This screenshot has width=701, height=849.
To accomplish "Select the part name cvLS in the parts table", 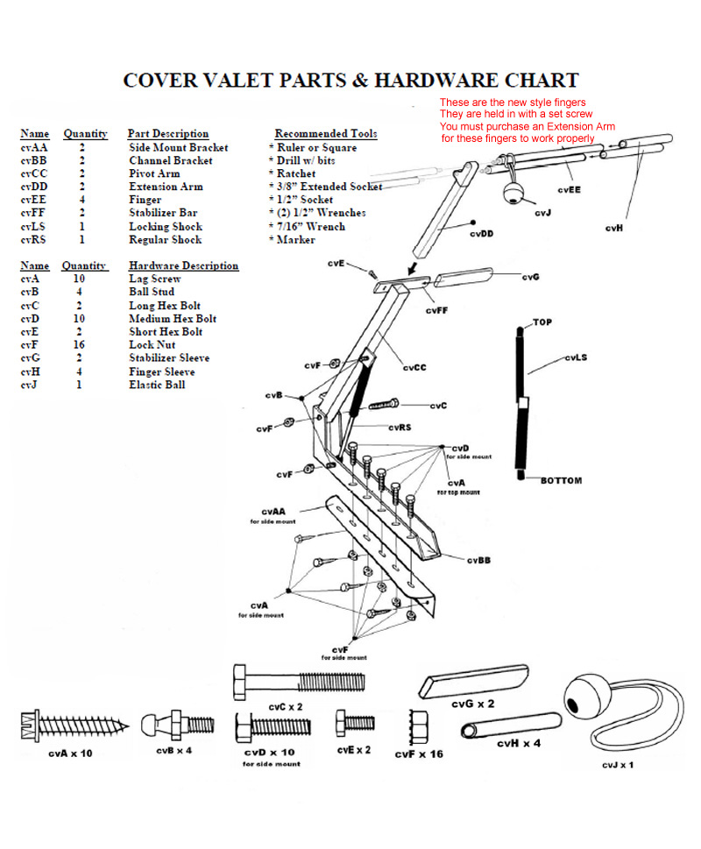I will (x=34, y=226).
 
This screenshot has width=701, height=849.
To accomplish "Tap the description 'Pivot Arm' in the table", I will (x=154, y=173).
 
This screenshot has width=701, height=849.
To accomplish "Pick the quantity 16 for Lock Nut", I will (x=79, y=345).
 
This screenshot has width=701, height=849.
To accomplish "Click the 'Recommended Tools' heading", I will (x=326, y=134).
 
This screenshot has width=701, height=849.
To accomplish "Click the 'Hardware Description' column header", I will (x=183, y=265).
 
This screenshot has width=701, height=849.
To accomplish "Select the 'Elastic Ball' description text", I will (x=157, y=385).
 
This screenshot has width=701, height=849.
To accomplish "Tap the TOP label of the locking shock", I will (x=543, y=322).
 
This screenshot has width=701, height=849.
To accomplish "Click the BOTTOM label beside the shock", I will (x=561, y=481).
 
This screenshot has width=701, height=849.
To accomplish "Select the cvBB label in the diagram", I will (x=478, y=560).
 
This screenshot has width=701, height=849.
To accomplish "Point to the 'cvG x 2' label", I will (x=473, y=704).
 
